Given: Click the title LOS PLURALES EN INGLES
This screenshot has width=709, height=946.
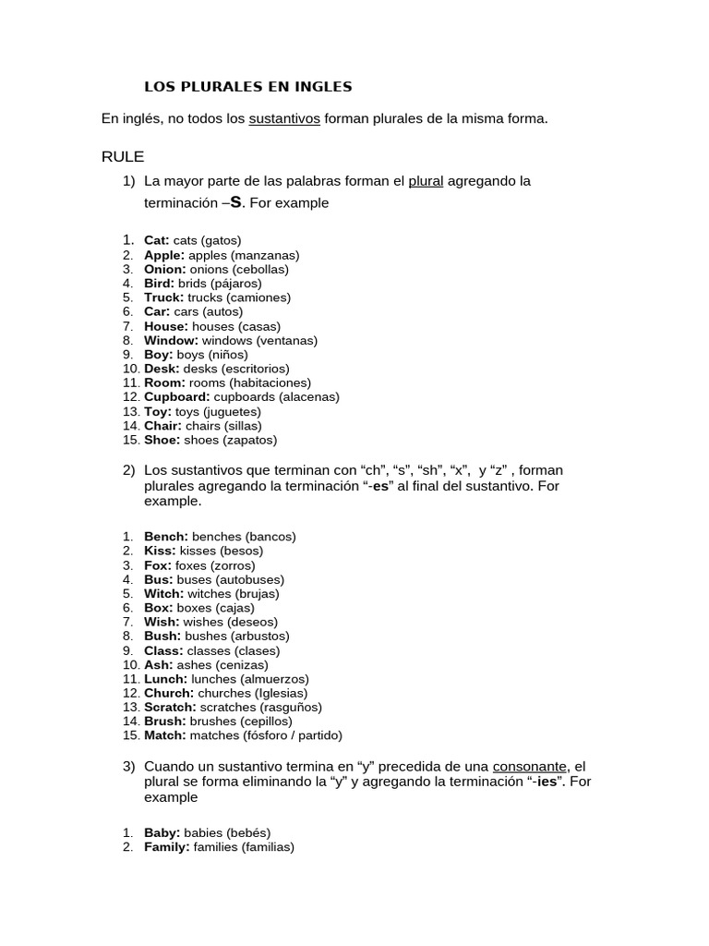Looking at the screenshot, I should point(247,88).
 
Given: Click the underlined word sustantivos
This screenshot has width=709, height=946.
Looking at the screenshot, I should point(284,118).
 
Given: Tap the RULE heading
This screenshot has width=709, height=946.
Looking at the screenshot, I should point(123,156).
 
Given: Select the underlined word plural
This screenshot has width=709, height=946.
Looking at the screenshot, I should point(426,181).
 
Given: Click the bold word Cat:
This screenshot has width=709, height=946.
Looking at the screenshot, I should point(157,240).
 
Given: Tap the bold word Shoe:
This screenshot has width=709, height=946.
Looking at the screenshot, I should point(162,440).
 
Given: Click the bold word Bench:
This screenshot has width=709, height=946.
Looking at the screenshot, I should point(166,537).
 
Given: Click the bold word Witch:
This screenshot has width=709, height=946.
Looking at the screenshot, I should point(164,594).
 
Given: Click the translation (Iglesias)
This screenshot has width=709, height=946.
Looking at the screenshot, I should point(276,693).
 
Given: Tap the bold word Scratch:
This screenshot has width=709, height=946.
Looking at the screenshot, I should point(170,708).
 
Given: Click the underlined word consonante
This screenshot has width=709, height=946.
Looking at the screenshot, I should point(531,767).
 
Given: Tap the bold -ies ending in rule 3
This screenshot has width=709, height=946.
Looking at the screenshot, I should point(548,782).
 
